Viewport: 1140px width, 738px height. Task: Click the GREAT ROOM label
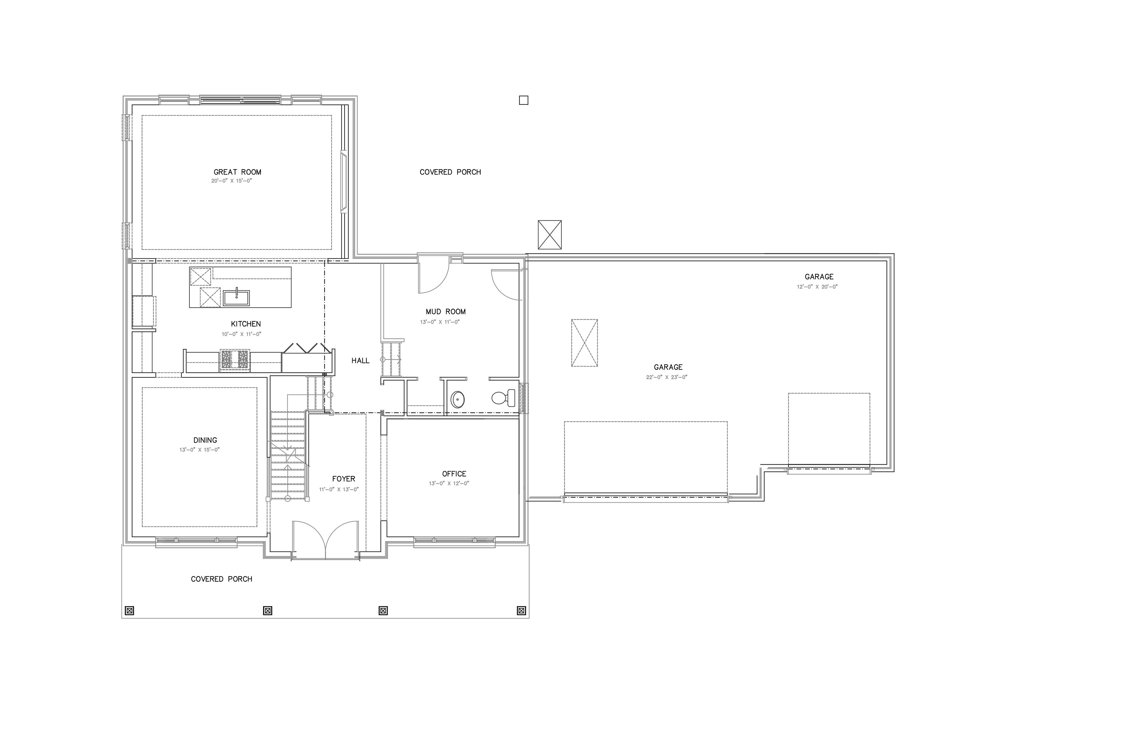pos(237,172)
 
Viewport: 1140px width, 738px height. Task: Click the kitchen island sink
pos(236,297)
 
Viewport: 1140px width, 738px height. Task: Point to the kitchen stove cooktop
pos(235,360)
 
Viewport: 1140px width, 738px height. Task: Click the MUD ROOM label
pos(446,312)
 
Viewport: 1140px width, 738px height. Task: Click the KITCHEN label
pos(246,324)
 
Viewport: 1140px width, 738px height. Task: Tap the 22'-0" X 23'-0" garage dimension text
pos(667,377)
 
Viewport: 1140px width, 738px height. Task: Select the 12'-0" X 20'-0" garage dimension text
pos(817,287)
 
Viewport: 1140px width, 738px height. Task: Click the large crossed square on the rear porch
pos(550,235)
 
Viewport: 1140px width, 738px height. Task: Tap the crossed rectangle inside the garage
pos(584,343)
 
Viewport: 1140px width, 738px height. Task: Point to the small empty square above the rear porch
pos(523,100)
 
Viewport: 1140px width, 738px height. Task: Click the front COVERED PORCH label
pos(221,579)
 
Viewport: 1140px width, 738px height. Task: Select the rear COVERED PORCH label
pos(450,172)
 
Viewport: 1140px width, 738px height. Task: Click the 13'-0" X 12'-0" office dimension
pos(449,483)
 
